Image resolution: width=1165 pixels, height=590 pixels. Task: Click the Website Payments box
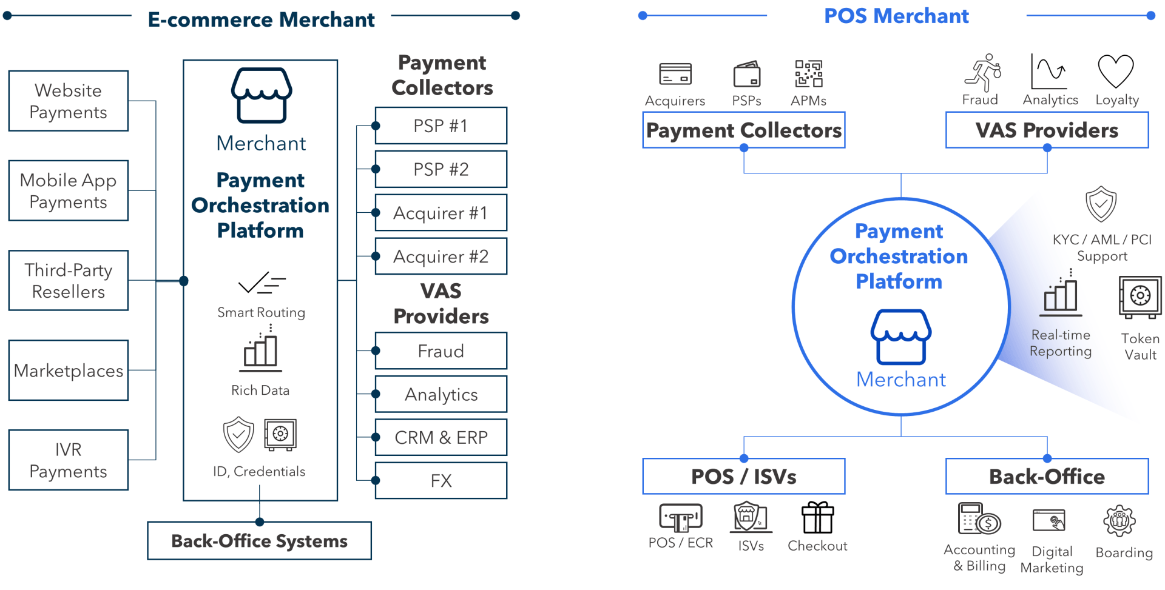[x=68, y=101]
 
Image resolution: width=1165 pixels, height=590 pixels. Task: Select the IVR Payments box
[x=68, y=460]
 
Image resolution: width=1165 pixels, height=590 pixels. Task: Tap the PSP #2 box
[x=441, y=169]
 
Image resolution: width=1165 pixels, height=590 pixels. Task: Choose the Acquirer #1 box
[x=441, y=213]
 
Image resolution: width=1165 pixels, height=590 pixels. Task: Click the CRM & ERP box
[x=441, y=437]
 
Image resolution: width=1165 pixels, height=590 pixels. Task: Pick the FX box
[x=441, y=481]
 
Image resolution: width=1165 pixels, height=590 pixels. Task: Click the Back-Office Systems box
[x=259, y=541]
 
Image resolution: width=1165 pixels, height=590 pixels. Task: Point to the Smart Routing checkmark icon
[x=262, y=283]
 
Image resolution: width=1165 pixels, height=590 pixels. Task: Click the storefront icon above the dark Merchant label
[x=262, y=95]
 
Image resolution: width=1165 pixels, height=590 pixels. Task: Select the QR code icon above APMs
[x=809, y=74]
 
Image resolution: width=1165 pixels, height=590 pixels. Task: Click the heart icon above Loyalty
[x=1116, y=72]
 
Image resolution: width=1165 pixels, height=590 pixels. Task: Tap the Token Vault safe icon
[x=1140, y=297]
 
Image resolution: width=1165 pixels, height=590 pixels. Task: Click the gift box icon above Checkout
[x=817, y=518]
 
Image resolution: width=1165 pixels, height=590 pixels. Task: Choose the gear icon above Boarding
[x=1119, y=521]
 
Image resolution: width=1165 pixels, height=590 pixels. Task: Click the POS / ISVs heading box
[x=744, y=477]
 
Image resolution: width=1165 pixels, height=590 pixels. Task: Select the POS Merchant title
[x=896, y=16]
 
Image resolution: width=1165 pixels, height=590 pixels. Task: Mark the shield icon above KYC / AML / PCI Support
[x=1101, y=204]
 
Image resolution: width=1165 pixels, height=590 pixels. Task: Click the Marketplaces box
[x=68, y=370]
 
